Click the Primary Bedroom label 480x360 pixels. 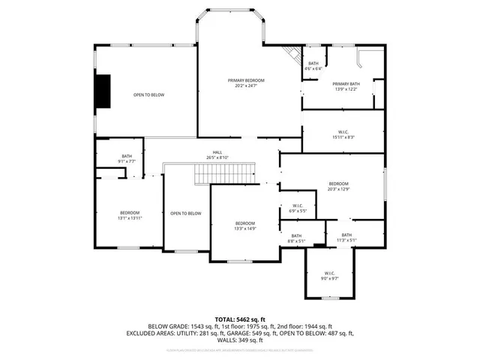click(x=246, y=80)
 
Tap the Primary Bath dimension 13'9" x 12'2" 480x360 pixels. click(x=346, y=89)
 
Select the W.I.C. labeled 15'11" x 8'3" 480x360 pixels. click(x=343, y=134)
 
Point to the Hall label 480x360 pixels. click(x=217, y=152)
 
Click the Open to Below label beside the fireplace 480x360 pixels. click(x=148, y=94)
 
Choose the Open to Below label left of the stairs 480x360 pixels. click(x=185, y=214)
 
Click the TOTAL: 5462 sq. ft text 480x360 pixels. click(x=240, y=319)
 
